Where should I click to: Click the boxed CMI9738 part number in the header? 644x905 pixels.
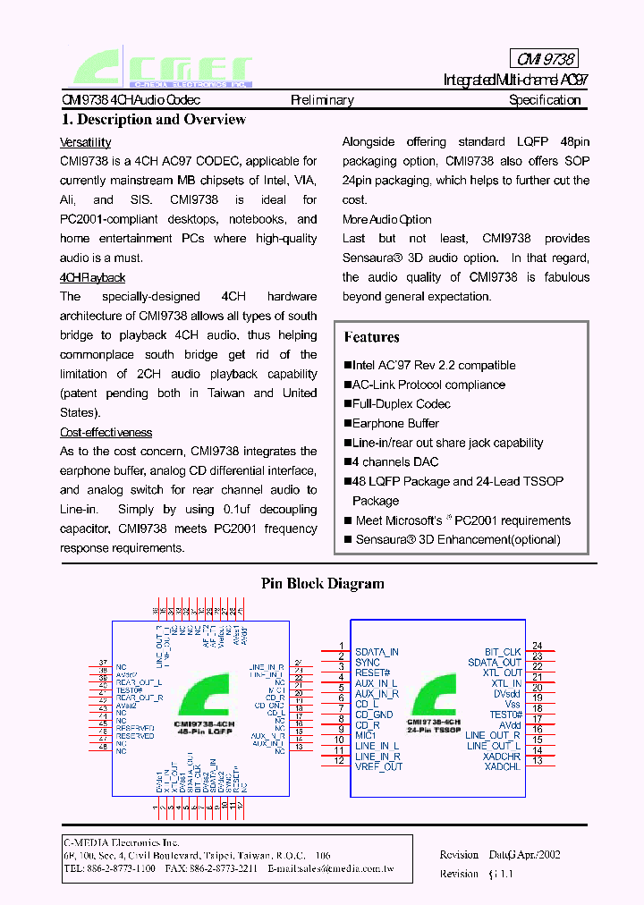click(x=546, y=59)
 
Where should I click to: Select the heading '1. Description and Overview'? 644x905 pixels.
click(x=153, y=120)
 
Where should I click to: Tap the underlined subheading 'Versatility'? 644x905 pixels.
click(x=85, y=142)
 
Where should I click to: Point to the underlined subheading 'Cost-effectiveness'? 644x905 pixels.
click(x=106, y=432)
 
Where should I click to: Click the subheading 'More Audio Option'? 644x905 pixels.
click(x=386, y=219)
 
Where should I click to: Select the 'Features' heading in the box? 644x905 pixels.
click(x=371, y=337)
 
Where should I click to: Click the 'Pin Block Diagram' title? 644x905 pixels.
click(x=322, y=584)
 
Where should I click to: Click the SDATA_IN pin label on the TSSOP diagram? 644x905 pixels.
click(x=377, y=653)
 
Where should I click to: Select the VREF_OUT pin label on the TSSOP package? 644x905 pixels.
click(x=378, y=766)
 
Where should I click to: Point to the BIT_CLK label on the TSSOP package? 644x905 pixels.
click(x=503, y=653)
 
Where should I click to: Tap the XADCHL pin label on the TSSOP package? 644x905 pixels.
click(x=502, y=766)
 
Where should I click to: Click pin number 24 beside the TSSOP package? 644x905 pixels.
click(x=537, y=646)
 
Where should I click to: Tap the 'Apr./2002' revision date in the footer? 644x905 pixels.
click(x=536, y=854)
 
